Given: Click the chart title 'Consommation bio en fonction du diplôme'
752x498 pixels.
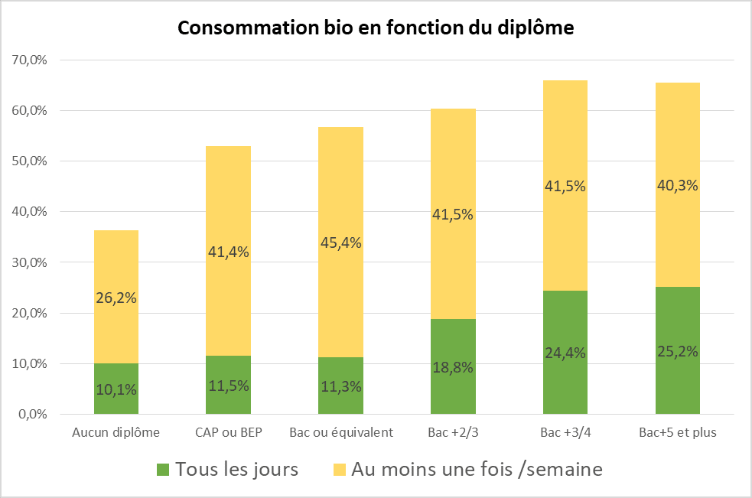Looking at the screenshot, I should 376,28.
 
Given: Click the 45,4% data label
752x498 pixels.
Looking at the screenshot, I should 341,242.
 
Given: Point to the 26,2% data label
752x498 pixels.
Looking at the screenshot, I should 116,298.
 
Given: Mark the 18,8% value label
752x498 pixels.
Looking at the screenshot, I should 454,366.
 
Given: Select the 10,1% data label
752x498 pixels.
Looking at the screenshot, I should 116,389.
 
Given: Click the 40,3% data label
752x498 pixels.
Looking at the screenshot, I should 678,185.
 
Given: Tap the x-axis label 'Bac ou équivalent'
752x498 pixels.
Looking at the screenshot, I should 341,433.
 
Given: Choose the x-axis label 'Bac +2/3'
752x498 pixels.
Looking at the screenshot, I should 454,433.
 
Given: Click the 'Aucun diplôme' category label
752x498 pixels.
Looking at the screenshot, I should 116,433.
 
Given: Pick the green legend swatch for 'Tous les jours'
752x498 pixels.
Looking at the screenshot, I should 162,469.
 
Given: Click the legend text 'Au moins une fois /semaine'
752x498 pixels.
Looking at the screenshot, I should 477,469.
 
